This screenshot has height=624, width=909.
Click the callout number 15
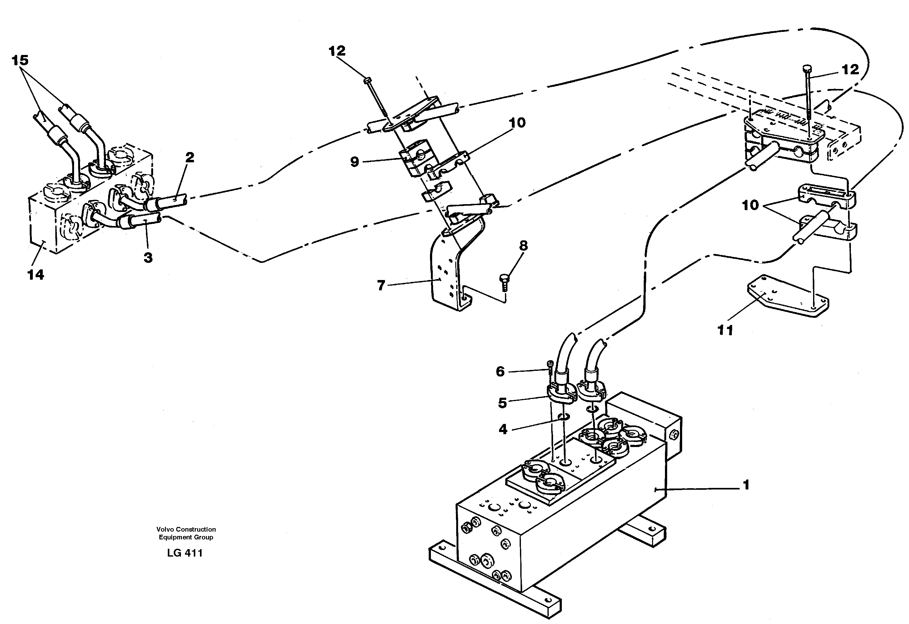pyautogui.click(x=20, y=61)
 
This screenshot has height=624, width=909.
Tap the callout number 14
pyautogui.click(x=36, y=275)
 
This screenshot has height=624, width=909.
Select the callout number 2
pyautogui.click(x=189, y=158)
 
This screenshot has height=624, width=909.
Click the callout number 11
pyautogui.click(x=725, y=330)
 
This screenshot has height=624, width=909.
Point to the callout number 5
pyautogui.click(x=502, y=403)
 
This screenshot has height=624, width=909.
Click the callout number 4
pyautogui.click(x=503, y=430)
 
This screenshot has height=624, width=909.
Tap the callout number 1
pyautogui.click(x=746, y=485)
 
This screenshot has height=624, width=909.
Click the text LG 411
pyautogui.click(x=185, y=553)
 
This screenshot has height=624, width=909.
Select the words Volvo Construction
pyautogui.click(x=186, y=529)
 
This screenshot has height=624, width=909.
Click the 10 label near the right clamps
pyautogui.click(x=750, y=205)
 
